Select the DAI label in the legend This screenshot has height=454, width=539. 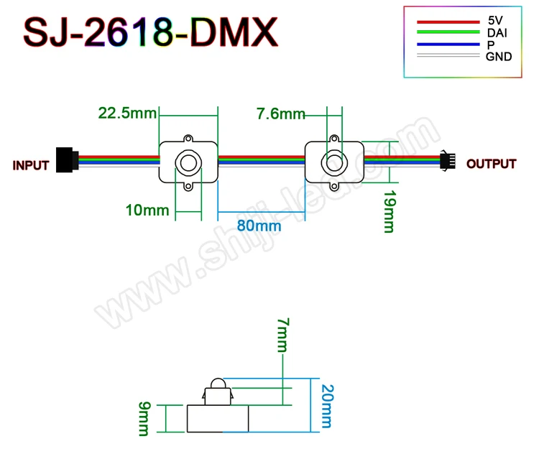click(496, 33)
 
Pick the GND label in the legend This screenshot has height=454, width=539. click(499, 56)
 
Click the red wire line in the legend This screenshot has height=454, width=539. click(447, 22)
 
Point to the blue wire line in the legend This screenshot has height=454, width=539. click(447, 44)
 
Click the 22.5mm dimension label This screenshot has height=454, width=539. click(127, 113)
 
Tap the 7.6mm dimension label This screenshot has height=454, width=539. click(280, 114)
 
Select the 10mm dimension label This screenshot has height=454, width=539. click(147, 210)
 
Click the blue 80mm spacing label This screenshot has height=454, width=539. click(259, 226)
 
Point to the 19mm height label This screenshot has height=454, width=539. click(389, 210)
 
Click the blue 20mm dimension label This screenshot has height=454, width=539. click(328, 404)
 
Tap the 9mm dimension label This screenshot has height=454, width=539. click(144, 418)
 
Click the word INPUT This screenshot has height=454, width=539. click(31, 165)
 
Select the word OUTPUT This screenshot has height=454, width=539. click(491, 164)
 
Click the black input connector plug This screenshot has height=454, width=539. click(65, 159)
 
